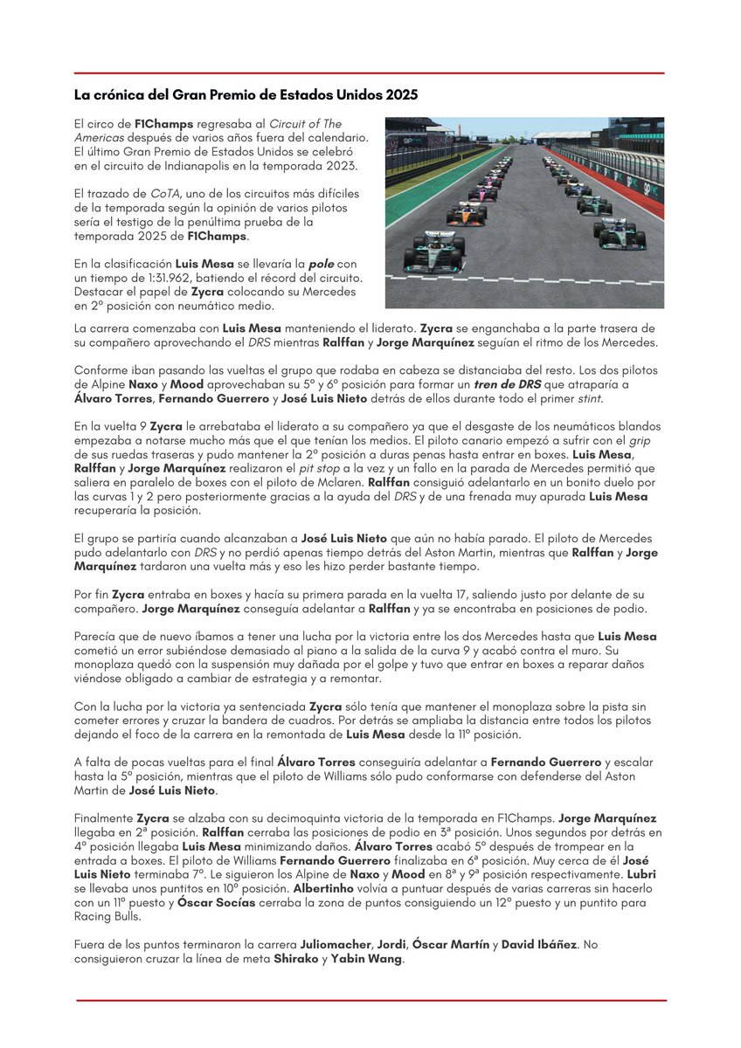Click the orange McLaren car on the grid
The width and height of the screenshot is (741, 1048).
click(x=466, y=213)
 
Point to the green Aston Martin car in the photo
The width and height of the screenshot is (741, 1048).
click(x=594, y=204)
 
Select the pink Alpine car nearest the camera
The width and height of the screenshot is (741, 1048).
click(x=481, y=193)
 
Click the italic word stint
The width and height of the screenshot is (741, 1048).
click(x=589, y=398)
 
